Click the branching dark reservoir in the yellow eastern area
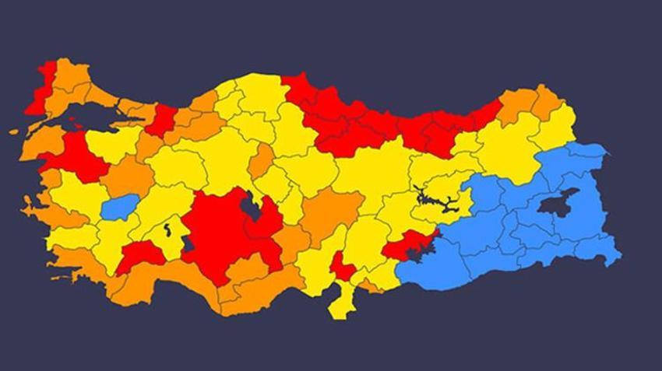pos(436,201)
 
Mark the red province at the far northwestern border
pos(42,89)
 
